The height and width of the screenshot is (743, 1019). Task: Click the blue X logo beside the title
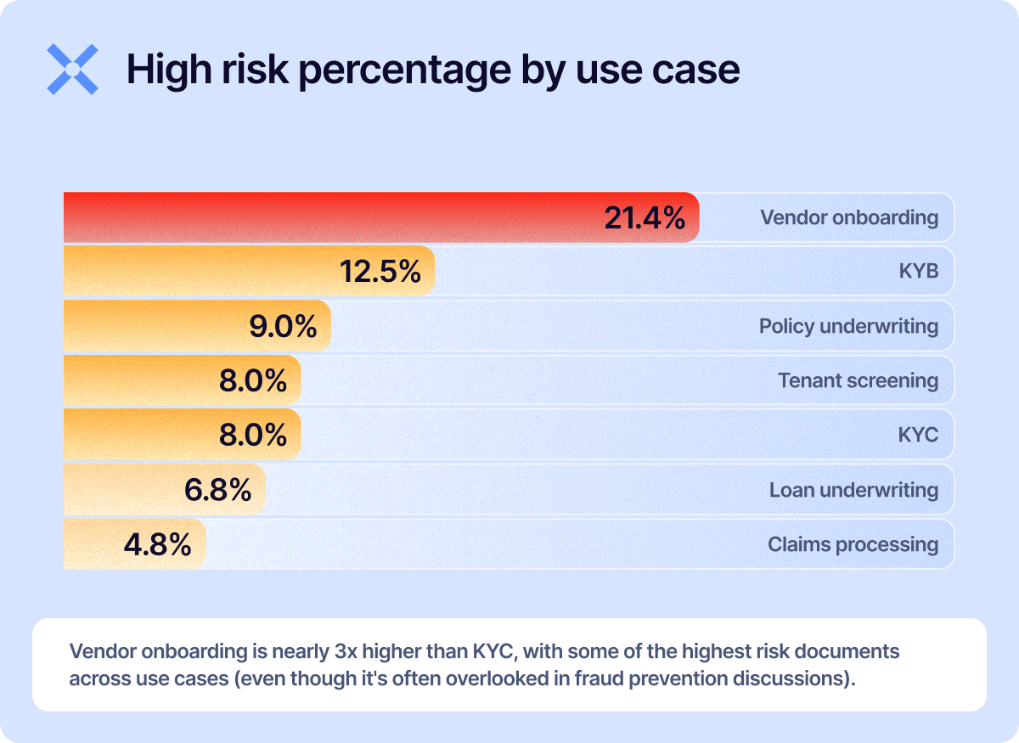pos(72,69)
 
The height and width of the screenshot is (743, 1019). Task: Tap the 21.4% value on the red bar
pos(645,218)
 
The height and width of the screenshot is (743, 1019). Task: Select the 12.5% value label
pos(380,272)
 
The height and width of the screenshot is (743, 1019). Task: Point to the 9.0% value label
pos(283,326)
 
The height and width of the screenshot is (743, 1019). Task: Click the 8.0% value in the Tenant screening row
pos(253,380)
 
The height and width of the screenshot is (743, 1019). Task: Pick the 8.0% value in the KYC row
pos(253,435)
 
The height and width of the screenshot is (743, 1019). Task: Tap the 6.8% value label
pos(217,490)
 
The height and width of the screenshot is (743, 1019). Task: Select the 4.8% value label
pos(157,544)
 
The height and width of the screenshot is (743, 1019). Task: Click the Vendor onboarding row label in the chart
pos(849,217)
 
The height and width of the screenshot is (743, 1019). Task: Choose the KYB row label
pos(919,272)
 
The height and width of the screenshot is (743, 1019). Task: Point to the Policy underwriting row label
pos(848,326)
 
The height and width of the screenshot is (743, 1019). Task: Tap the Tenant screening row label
pos(858,380)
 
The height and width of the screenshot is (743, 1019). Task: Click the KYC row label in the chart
pos(918,435)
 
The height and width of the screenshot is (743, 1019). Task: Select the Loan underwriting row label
pos(853,490)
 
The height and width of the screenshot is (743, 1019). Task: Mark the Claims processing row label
pos(853,544)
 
